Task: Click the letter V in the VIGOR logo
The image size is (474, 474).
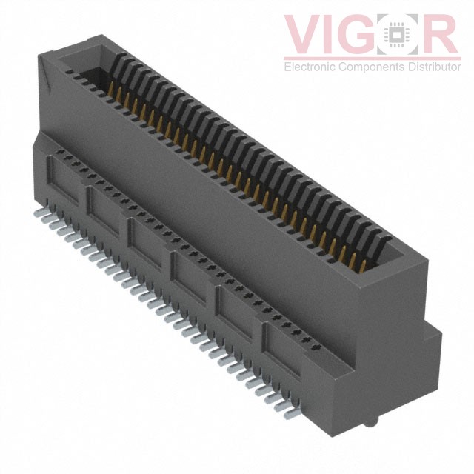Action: point(305,35)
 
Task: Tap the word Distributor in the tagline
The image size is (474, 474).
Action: point(430,67)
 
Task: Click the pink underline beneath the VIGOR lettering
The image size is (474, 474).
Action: point(370,57)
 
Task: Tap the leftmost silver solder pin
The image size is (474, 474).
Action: point(39,212)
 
